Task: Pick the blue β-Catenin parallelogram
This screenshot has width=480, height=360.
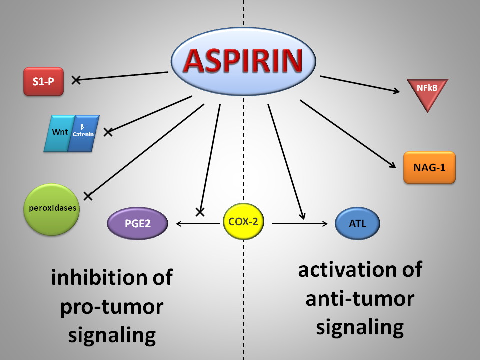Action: [x=84, y=133]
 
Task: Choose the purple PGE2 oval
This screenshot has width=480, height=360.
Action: [x=137, y=224]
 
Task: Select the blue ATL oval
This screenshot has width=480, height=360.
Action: [x=358, y=223]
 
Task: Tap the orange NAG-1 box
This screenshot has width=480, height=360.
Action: [x=429, y=167]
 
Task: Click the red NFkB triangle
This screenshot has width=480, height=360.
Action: [x=426, y=93]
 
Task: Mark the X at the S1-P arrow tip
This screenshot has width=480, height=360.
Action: [x=76, y=79]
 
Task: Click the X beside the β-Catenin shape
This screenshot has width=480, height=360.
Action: [x=108, y=132]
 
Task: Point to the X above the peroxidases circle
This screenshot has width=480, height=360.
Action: [x=88, y=196]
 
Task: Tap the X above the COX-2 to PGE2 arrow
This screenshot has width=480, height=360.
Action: [x=200, y=212]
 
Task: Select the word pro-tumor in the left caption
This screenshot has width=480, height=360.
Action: [x=111, y=306]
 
